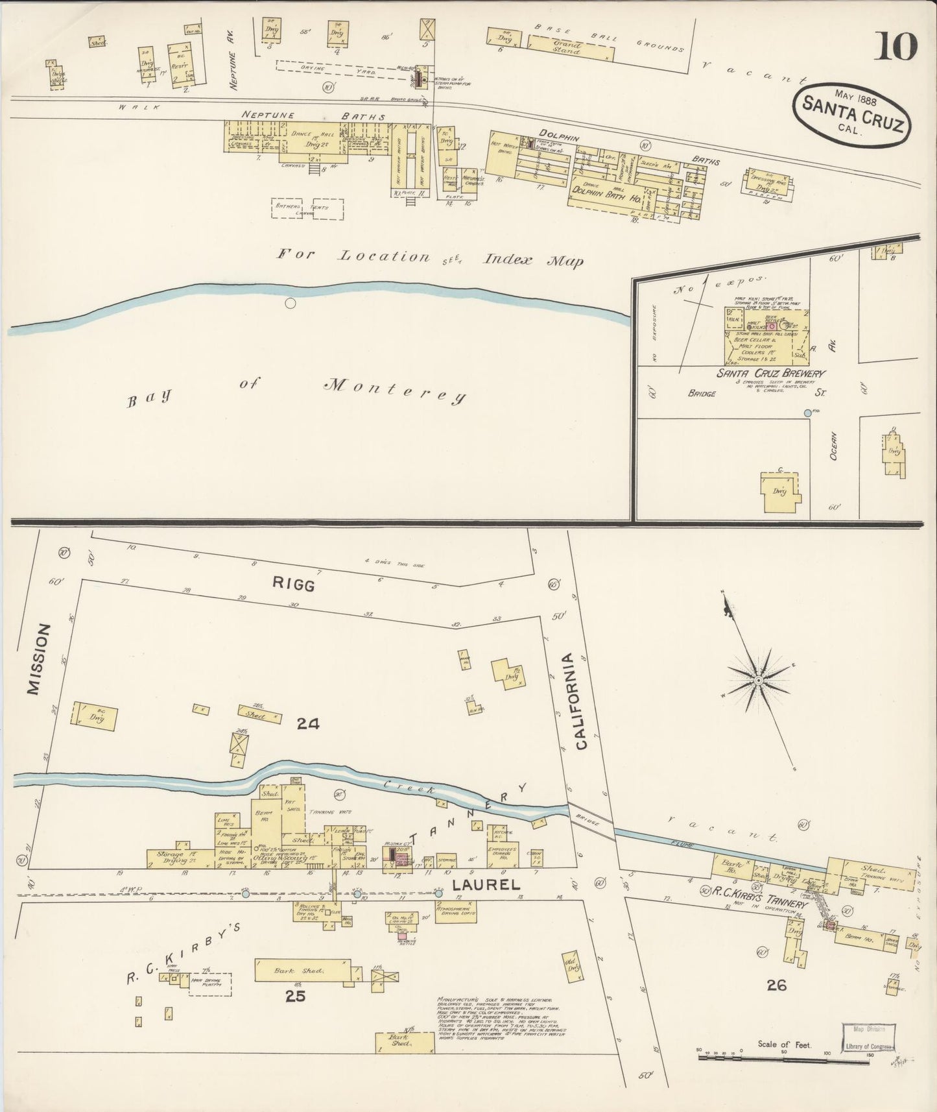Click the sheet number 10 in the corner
pyautogui.click(x=899, y=47)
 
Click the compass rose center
pyautogui.click(x=757, y=679)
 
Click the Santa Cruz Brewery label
pyautogui.click(x=770, y=374)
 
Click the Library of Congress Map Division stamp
pyautogui.click(x=870, y=1038)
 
